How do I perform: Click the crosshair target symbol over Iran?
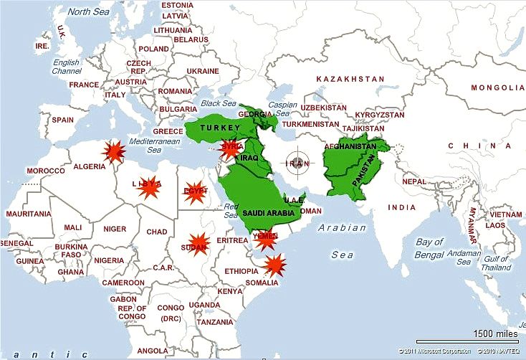pos(297,163)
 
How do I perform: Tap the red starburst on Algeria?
pos(113,152)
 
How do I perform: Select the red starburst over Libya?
pos(148,186)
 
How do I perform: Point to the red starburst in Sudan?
pos(199,244)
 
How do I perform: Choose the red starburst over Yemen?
pos(267,240)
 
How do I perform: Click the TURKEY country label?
pos(215,126)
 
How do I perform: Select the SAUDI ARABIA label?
pos(269,213)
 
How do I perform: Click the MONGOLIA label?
pos(497,87)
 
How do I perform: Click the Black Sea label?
pos(219,104)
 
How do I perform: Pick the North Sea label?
pos(88,11)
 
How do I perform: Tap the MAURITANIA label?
pos(28,214)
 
